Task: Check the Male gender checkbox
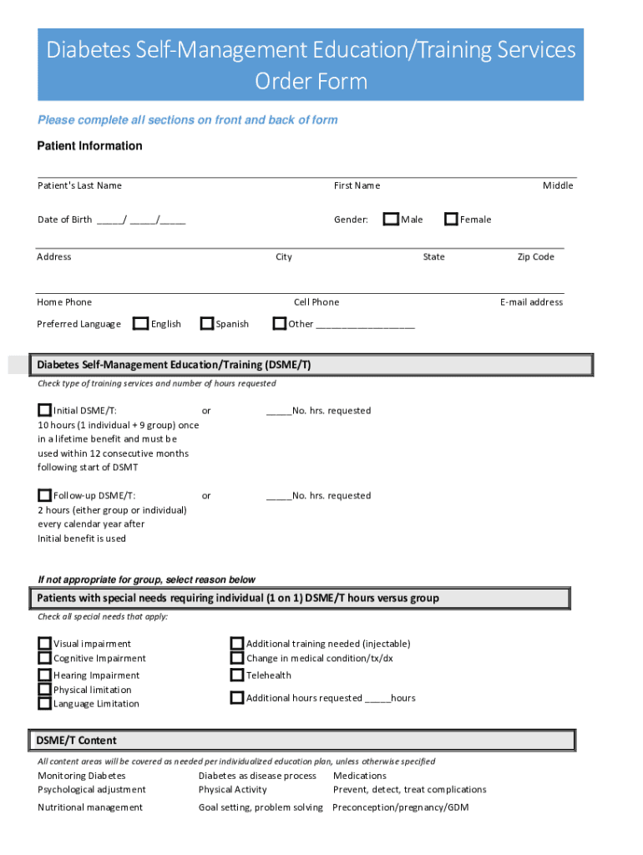(391, 220)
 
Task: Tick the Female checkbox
(452, 220)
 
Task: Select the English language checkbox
(141, 323)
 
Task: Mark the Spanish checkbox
(207, 323)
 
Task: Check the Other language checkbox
(280, 323)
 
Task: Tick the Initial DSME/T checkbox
(44, 410)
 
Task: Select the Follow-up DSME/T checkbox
(44, 495)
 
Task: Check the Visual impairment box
(44, 644)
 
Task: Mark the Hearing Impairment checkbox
(44, 675)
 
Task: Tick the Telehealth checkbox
(237, 675)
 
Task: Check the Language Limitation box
(44, 703)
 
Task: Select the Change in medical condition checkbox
(237, 658)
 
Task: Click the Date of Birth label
(64, 220)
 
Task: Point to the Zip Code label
(535, 256)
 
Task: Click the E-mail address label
(531, 302)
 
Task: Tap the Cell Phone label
(316, 302)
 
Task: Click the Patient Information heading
(89, 146)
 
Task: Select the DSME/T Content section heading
(76, 741)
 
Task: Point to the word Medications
(359, 776)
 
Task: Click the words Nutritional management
(90, 807)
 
